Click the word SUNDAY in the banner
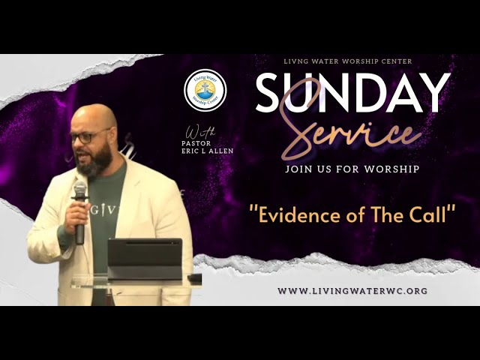352,93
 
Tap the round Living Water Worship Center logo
205,90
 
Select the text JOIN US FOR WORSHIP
352,169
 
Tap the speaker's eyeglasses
91,137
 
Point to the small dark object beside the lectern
195,277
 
